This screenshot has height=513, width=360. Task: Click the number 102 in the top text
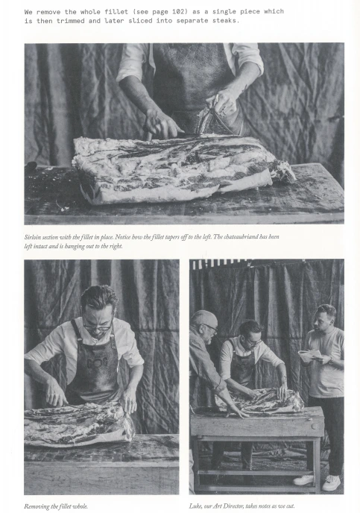click(180, 12)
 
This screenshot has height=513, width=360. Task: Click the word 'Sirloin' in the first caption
click(31, 237)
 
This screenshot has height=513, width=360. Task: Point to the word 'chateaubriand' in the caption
click(238, 236)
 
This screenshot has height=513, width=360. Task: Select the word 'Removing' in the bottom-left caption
click(34, 506)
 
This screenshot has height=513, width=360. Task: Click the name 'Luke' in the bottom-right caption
click(195, 506)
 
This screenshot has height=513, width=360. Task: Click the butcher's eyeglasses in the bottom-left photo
click(97, 326)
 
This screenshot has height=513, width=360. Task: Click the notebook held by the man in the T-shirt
click(309, 356)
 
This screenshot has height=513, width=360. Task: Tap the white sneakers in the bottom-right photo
click(318, 482)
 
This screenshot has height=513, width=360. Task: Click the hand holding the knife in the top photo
click(161, 125)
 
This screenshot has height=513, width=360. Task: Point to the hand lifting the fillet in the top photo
click(224, 101)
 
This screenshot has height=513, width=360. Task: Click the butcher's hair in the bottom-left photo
click(98, 297)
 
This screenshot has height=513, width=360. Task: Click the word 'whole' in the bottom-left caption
click(80, 506)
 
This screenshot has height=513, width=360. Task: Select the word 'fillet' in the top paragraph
click(116, 12)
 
